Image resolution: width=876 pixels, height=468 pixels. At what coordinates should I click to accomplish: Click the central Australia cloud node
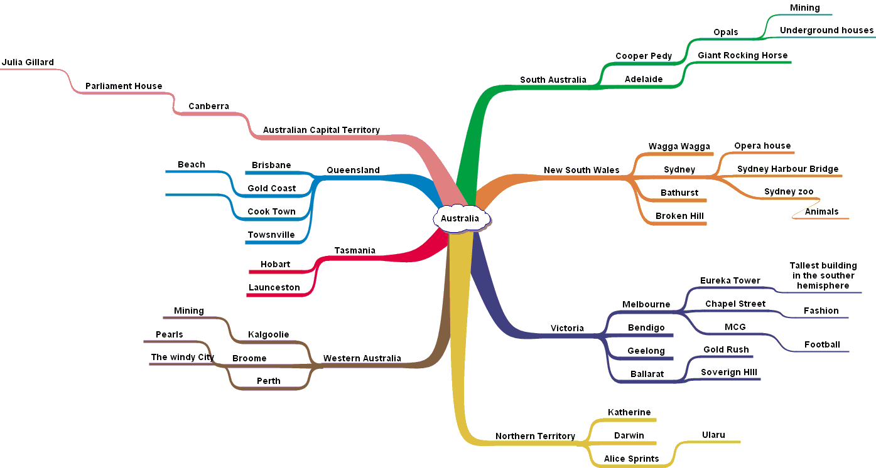click(460, 218)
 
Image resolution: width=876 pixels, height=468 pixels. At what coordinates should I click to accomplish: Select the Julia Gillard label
click(28, 63)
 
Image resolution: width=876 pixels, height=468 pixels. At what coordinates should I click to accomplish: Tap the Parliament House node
click(124, 86)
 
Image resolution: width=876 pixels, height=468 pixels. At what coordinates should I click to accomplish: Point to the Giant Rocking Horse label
click(742, 55)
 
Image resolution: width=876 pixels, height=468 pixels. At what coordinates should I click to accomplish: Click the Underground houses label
click(826, 30)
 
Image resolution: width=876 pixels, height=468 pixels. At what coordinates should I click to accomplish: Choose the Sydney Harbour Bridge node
click(787, 169)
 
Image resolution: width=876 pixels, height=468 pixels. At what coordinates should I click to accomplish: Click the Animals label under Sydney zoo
click(821, 211)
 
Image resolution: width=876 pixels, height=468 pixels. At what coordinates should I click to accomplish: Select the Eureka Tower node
click(730, 280)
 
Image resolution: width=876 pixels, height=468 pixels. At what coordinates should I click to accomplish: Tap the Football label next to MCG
click(822, 344)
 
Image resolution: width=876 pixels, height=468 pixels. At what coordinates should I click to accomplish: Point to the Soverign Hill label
click(729, 372)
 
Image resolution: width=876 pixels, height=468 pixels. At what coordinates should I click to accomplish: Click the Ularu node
click(713, 435)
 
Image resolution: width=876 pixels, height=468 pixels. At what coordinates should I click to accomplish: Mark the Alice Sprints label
click(631, 459)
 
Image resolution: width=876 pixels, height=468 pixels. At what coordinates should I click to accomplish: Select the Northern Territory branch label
click(535, 436)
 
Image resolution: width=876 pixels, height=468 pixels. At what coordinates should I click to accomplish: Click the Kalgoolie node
click(268, 334)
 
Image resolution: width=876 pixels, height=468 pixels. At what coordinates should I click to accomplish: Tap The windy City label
click(182, 357)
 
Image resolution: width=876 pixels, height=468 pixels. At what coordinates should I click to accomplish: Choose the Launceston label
click(274, 287)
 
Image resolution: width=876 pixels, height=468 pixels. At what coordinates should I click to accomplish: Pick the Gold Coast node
click(271, 188)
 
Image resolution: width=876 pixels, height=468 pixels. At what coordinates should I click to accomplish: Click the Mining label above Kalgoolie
click(189, 311)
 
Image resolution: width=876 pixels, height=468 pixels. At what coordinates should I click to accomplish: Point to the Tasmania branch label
click(355, 250)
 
